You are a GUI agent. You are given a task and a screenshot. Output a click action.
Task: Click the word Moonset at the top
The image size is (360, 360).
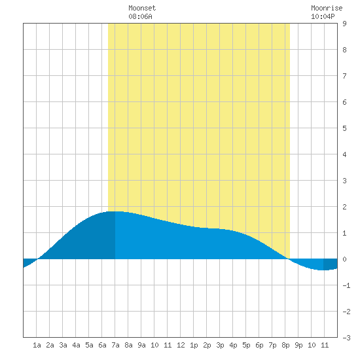click(x=142, y=8)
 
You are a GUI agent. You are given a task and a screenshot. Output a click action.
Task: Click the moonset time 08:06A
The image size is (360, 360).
click(x=140, y=16)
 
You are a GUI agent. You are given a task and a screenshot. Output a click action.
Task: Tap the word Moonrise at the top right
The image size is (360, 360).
click(x=327, y=8)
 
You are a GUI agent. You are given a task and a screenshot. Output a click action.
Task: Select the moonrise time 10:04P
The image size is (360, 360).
click(x=323, y=16)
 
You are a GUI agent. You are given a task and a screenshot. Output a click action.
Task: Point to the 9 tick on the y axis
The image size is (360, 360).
click(x=344, y=24)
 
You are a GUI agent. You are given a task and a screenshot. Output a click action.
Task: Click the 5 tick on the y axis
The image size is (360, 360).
click(x=344, y=128)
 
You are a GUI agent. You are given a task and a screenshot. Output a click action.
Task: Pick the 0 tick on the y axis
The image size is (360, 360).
click(x=344, y=259)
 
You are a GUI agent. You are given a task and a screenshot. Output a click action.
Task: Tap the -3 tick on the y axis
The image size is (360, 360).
click(x=346, y=338)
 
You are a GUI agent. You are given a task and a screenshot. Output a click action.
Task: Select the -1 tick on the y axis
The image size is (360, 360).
click(x=346, y=285)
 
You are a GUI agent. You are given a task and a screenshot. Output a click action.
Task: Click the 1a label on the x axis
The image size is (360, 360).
click(x=37, y=345)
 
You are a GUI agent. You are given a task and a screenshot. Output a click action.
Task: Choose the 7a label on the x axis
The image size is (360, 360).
click(x=115, y=345)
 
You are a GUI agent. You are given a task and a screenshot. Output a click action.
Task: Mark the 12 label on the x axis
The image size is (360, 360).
click(x=181, y=345)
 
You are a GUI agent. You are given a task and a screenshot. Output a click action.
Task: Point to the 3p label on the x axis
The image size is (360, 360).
click(x=220, y=345)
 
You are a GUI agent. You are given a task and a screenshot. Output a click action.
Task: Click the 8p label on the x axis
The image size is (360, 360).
click(x=285, y=345)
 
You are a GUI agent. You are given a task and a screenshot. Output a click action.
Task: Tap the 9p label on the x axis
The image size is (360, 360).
click(x=298, y=345)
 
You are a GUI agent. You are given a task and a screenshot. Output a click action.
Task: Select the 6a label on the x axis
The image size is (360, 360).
click(x=102, y=345)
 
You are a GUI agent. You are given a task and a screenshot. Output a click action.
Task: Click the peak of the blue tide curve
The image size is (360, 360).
click(x=115, y=211)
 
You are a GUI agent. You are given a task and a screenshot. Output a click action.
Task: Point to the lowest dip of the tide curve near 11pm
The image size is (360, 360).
click(x=323, y=270)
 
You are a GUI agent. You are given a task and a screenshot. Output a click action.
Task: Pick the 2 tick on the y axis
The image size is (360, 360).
click(x=344, y=207)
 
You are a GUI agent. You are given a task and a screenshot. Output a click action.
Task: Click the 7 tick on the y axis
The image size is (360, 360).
click(x=344, y=76)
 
